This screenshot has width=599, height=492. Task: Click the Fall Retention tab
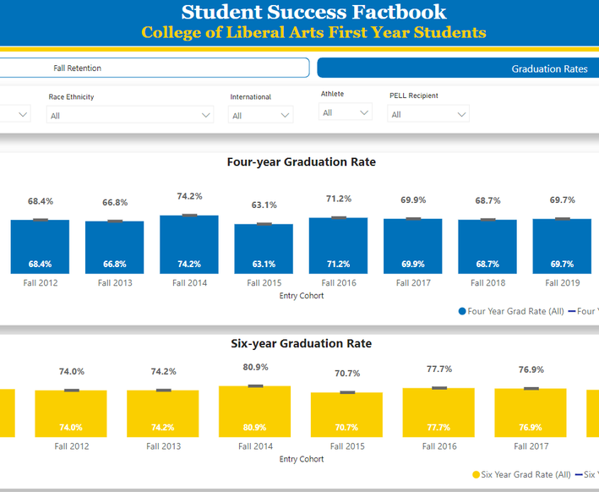(153, 68)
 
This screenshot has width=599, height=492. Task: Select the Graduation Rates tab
(458, 68)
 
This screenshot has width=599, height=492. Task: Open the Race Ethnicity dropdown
(130, 115)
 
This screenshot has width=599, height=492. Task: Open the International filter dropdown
(260, 115)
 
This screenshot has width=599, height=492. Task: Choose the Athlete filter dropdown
(346, 112)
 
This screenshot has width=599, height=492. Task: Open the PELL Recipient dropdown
(428, 113)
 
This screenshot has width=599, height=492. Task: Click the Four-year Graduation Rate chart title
(302, 161)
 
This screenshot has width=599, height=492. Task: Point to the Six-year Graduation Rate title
(302, 343)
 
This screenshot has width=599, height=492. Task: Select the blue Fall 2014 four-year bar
(189, 244)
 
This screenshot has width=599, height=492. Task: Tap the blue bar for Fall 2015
(264, 249)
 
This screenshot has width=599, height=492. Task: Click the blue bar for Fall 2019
(562, 246)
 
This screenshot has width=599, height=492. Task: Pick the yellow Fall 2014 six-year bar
(255, 412)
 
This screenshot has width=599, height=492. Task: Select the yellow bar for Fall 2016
(438, 413)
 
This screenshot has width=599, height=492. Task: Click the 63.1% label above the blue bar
(264, 205)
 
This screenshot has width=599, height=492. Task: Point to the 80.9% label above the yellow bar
(256, 367)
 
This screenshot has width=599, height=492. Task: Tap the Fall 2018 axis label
(487, 283)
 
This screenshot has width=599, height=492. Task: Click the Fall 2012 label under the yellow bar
(72, 446)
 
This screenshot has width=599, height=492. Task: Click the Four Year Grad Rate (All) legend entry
(511, 311)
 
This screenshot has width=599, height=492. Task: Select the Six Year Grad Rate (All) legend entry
(521, 474)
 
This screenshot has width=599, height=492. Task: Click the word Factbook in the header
(399, 12)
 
